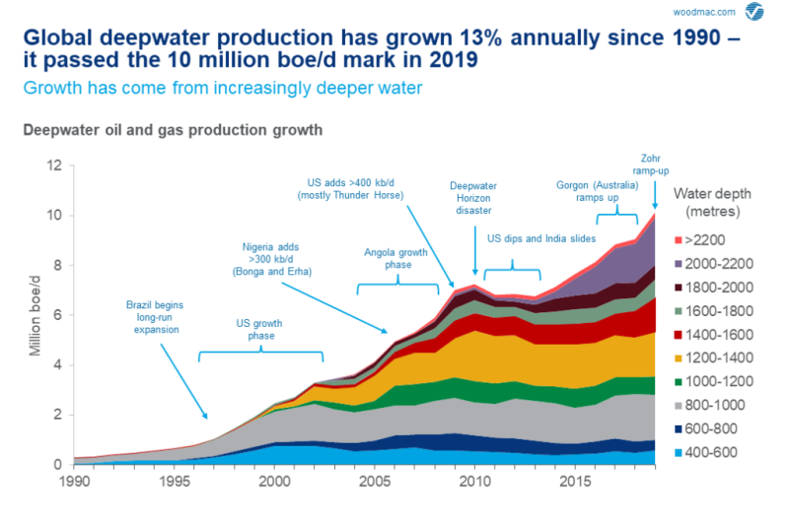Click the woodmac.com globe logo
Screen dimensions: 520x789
pos(754,12)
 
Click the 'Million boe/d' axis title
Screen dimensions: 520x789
pos(36,315)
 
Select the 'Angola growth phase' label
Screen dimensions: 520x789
pos(397,258)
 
